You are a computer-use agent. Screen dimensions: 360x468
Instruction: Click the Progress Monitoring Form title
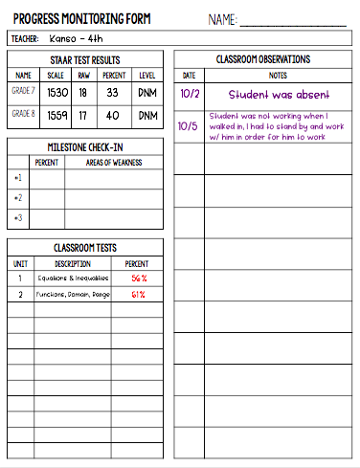click(x=82, y=17)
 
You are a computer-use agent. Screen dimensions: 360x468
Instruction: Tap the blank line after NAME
click(x=292, y=21)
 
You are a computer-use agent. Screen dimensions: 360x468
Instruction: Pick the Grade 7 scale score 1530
click(x=57, y=94)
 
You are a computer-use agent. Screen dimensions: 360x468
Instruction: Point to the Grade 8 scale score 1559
click(x=57, y=116)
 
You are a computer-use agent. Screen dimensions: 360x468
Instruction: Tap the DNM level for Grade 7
click(x=147, y=94)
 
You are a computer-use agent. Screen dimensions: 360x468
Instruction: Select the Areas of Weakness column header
click(x=116, y=163)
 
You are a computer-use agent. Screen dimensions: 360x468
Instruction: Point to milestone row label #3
click(x=19, y=218)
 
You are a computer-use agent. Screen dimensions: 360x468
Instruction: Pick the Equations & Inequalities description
click(x=74, y=279)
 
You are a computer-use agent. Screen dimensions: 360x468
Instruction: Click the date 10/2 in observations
click(x=189, y=95)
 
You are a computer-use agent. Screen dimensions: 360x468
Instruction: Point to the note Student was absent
click(x=279, y=95)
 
